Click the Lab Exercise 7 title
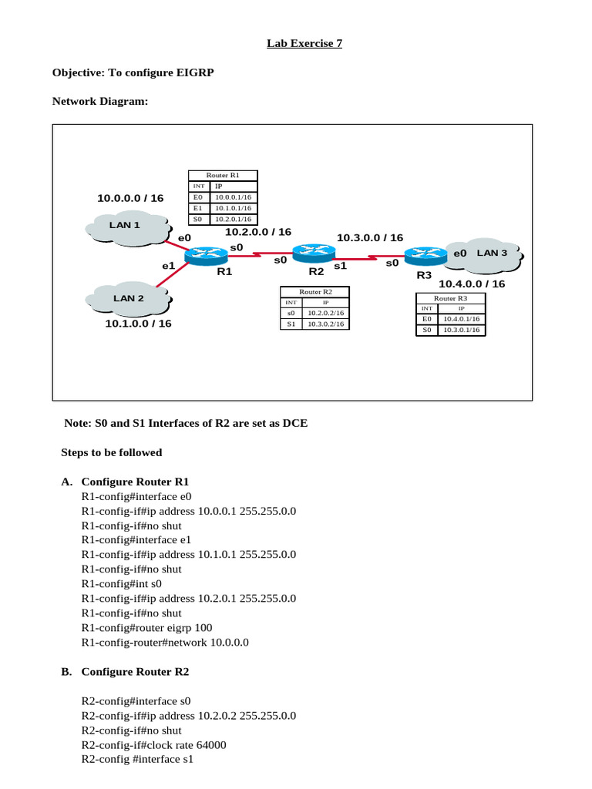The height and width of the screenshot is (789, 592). (x=304, y=44)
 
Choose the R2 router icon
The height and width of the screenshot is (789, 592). (x=314, y=252)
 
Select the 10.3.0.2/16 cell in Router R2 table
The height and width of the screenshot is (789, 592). (x=325, y=324)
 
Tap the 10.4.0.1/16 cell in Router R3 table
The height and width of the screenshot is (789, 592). (x=462, y=318)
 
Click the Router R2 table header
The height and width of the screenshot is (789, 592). (x=314, y=292)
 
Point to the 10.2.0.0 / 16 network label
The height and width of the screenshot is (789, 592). (x=258, y=232)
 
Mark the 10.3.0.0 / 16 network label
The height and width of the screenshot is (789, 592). (x=370, y=238)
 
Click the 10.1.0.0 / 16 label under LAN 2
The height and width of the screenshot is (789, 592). (x=139, y=324)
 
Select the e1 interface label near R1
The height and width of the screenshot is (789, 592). (x=169, y=266)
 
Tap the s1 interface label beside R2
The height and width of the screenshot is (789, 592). (x=340, y=265)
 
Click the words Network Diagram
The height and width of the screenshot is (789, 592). (x=99, y=101)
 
